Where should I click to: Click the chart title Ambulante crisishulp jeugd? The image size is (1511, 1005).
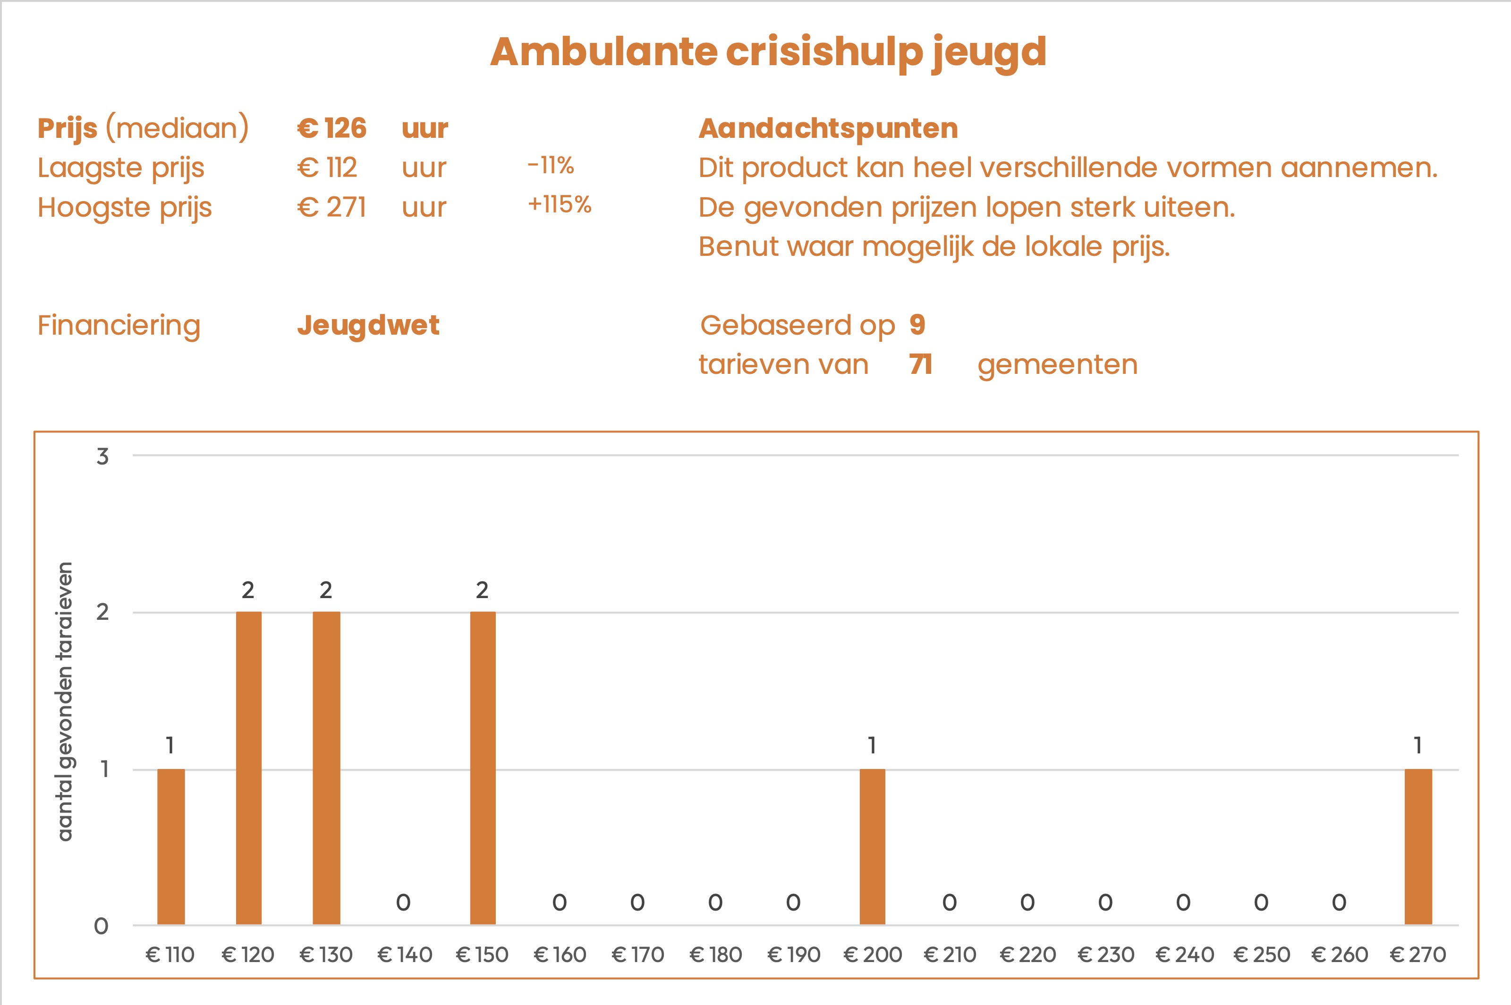(x=768, y=51)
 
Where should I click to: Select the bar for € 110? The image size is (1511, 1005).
(x=171, y=846)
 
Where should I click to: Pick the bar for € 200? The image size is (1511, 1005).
(x=872, y=846)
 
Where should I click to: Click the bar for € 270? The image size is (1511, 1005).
(x=1418, y=846)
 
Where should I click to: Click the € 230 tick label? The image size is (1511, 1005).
(x=1106, y=954)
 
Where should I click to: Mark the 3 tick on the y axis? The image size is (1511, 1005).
(x=102, y=456)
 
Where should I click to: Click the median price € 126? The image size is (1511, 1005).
(x=331, y=128)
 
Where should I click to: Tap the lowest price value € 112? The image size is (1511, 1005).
(x=327, y=168)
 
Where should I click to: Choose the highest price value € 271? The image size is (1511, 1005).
(x=331, y=208)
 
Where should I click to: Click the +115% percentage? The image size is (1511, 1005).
(x=559, y=204)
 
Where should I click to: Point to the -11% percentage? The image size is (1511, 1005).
(x=551, y=165)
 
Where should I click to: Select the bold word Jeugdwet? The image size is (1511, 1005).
(x=368, y=325)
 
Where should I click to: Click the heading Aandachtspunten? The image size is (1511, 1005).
(x=828, y=128)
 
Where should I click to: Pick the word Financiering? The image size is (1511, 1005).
(x=119, y=325)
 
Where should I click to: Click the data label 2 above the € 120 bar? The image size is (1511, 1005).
(x=248, y=590)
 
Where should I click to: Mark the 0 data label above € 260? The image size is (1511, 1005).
(x=1339, y=903)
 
